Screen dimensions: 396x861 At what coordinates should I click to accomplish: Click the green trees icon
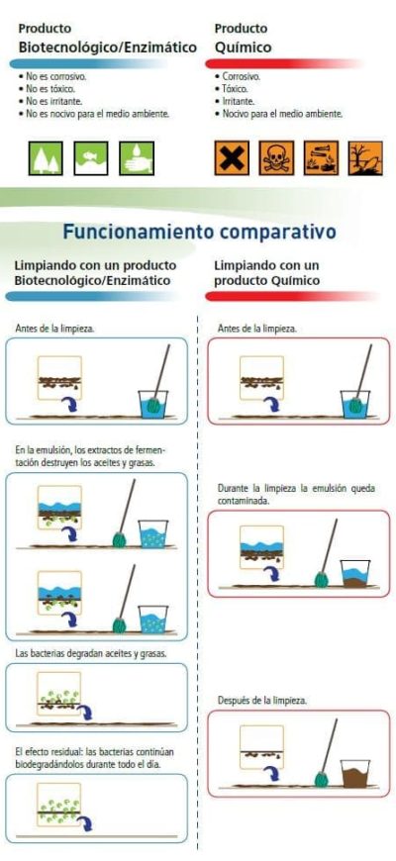(46, 158)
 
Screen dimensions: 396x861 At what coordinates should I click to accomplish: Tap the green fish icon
(91, 158)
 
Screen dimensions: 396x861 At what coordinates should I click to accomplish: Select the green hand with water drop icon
(137, 158)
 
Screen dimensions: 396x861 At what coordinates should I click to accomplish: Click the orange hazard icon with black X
(232, 158)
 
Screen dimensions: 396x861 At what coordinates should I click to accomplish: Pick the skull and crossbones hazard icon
(276, 158)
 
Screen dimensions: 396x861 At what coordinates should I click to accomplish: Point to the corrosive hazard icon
(322, 158)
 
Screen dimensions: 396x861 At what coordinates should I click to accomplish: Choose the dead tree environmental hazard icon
(365, 158)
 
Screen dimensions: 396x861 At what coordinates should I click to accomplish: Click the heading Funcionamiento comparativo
(199, 232)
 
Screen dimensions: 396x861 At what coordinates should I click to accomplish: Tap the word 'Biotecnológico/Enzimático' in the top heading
(107, 48)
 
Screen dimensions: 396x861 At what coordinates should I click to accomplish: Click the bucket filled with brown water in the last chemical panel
(354, 773)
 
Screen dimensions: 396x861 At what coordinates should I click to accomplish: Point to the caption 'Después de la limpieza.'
(262, 701)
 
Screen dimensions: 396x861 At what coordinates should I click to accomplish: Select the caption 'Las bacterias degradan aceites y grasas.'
(91, 654)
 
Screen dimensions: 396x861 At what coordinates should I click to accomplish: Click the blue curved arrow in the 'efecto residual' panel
(85, 823)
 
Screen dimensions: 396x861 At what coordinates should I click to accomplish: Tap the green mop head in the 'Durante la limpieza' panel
(321, 579)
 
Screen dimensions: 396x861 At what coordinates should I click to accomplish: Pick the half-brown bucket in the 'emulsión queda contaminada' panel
(354, 573)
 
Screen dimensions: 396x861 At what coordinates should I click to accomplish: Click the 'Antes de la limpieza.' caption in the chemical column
(257, 329)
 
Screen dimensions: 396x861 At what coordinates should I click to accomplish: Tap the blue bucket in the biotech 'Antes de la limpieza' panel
(152, 405)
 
